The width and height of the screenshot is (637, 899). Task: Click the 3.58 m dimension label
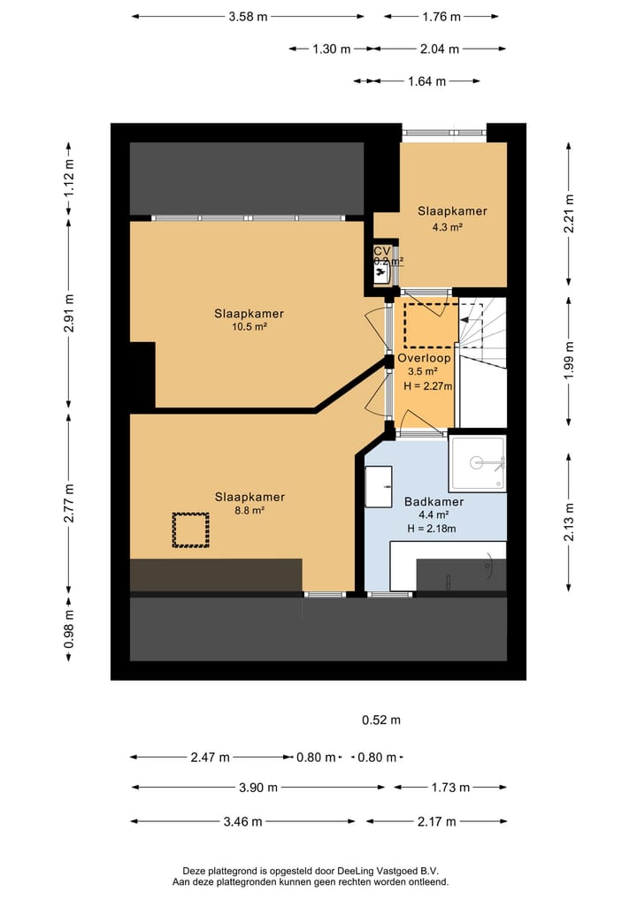click(x=248, y=16)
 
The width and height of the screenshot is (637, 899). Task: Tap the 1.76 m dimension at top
click(x=441, y=16)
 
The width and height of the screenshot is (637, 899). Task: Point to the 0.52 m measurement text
click(x=381, y=720)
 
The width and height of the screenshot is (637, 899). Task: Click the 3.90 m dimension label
click(x=258, y=788)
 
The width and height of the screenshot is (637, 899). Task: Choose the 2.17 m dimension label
click(x=437, y=821)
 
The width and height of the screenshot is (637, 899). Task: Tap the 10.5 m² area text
click(x=249, y=326)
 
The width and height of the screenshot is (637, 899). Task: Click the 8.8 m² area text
click(x=249, y=510)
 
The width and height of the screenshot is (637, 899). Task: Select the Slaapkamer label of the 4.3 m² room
click(x=452, y=211)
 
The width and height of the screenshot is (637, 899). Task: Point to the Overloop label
click(x=425, y=359)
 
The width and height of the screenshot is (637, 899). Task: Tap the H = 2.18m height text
click(x=431, y=529)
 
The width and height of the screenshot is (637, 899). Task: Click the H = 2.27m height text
click(x=427, y=386)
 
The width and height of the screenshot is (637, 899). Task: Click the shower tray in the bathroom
click(x=478, y=461)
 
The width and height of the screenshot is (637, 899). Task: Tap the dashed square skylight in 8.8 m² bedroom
click(x=190, y=530)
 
